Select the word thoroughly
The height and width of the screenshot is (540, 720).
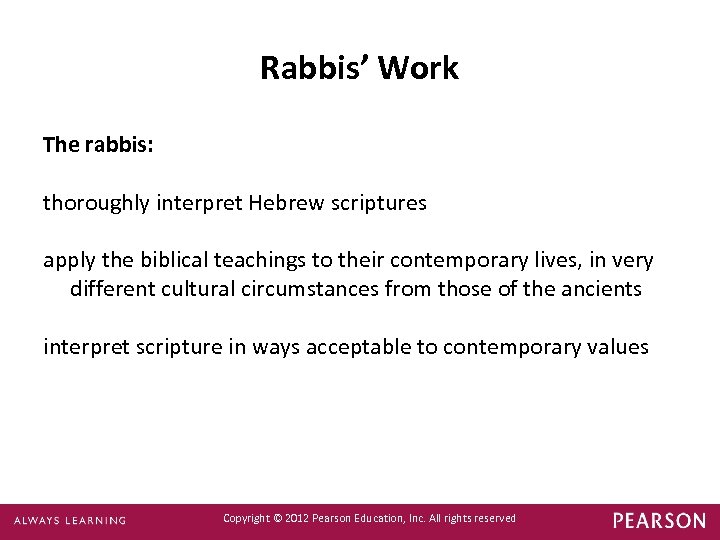[96, 203]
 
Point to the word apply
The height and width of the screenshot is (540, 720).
[68, 261]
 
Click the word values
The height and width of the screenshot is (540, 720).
[618, 347]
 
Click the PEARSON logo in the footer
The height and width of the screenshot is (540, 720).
[659, 520]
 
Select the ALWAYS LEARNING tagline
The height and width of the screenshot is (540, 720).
[70, 520]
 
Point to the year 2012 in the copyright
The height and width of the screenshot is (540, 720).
[298, 518]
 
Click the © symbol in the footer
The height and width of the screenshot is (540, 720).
[277, 518]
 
